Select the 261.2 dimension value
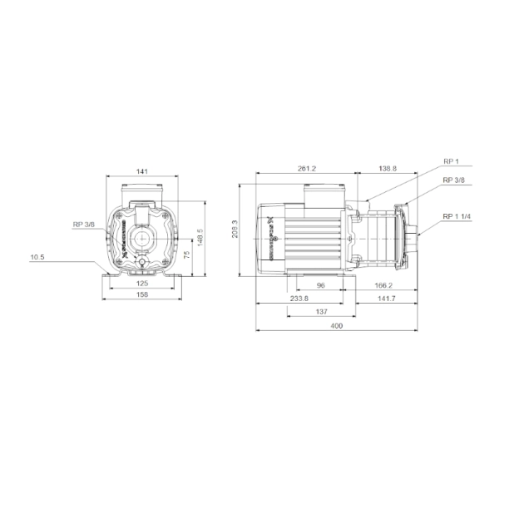[307, 169]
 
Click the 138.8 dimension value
[388, 169]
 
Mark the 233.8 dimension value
[299, 298]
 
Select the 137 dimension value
[322, 311]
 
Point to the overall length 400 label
[336, 326]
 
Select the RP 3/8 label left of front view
[84, 224]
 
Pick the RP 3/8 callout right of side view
[453, 180]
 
